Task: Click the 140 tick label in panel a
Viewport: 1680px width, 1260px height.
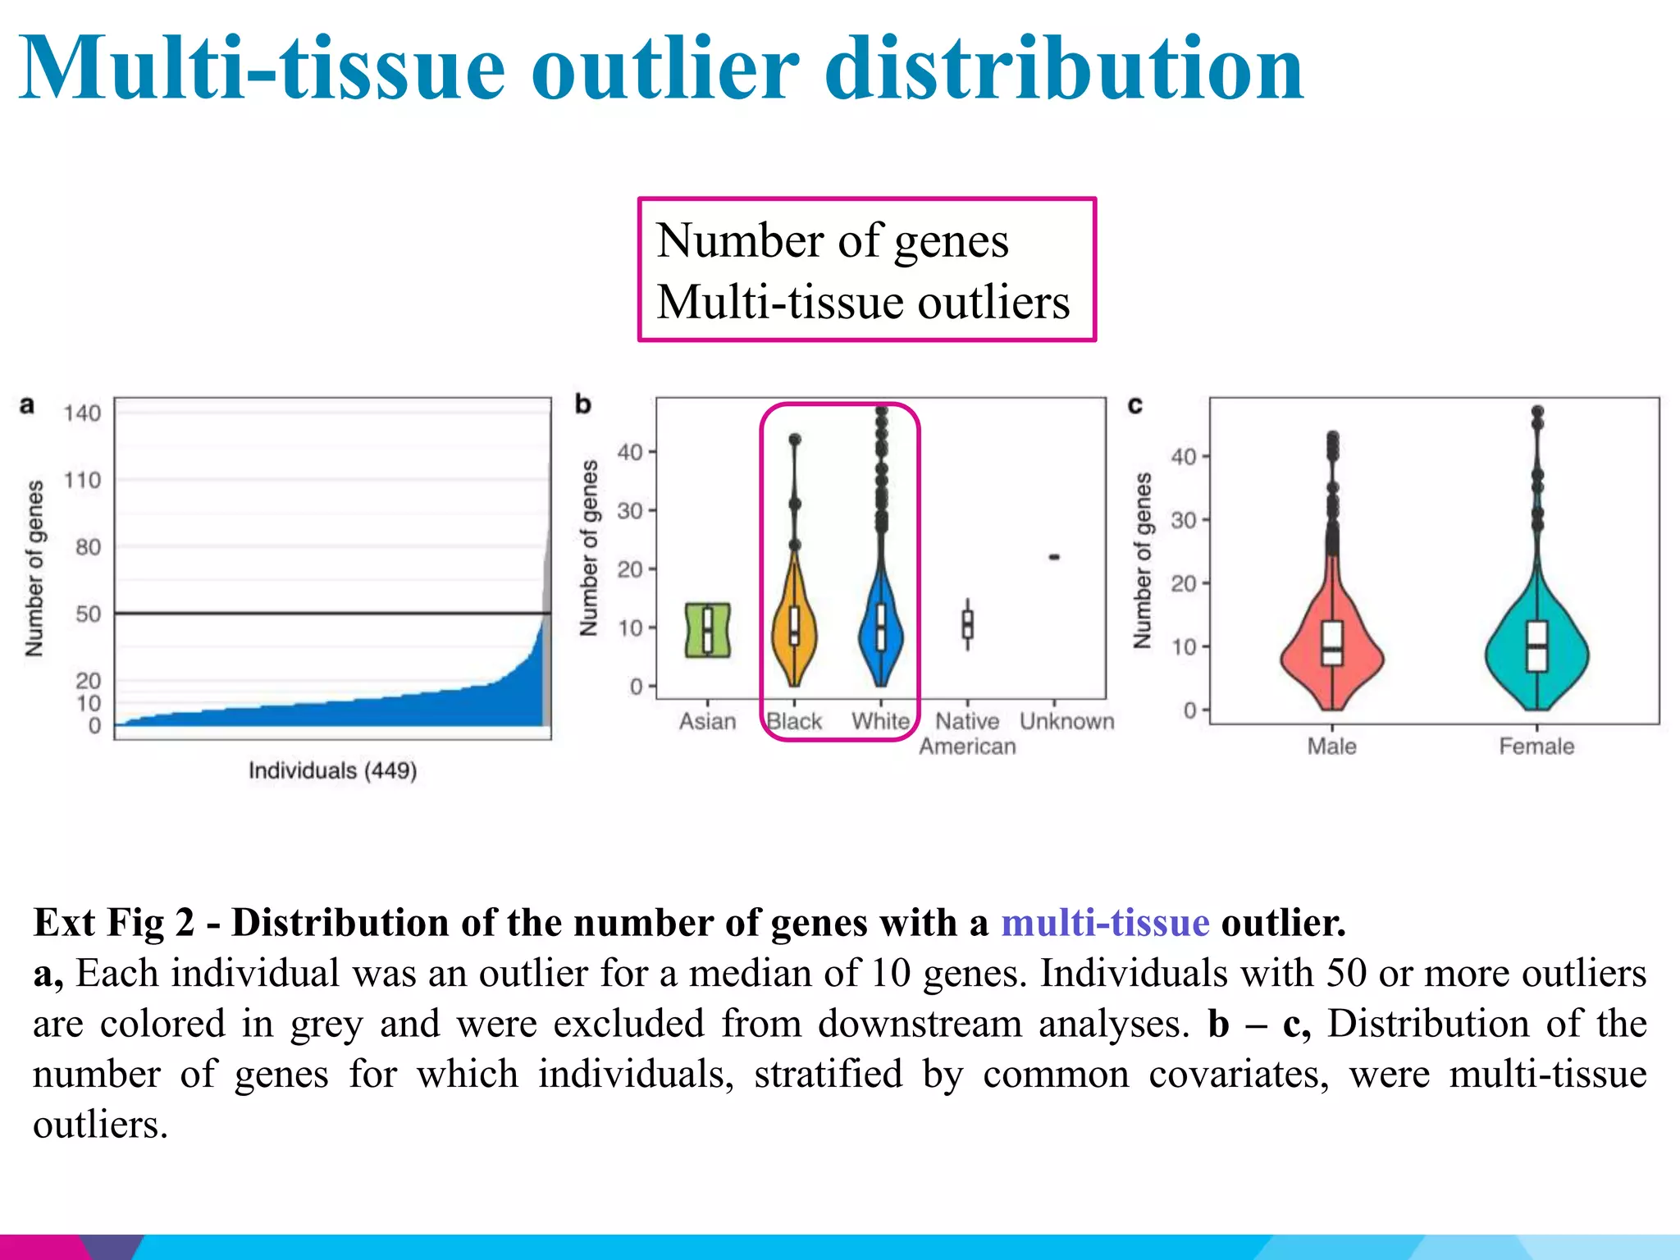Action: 82,413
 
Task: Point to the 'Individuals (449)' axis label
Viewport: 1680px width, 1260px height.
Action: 332,771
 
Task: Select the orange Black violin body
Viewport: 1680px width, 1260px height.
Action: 794,632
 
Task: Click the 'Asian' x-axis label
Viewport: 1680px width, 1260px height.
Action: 707,722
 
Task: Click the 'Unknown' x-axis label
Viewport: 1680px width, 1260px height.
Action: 1066,722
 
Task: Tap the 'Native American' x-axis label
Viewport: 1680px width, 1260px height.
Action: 967,733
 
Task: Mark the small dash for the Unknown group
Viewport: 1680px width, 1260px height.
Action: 1054,557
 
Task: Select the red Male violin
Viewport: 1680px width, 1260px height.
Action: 1332,648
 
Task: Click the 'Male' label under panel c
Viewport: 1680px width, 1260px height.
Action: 1331,746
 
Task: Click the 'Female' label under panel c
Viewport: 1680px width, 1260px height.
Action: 1536,746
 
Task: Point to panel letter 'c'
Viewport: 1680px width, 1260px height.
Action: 1135,405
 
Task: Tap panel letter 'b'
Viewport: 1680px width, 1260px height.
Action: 582,404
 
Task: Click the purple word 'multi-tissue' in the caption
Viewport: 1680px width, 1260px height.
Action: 1105,923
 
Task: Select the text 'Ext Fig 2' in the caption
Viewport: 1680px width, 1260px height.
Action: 114,923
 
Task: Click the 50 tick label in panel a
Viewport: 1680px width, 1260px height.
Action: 88,614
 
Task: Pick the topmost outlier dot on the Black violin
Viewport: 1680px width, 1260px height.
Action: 794,440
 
